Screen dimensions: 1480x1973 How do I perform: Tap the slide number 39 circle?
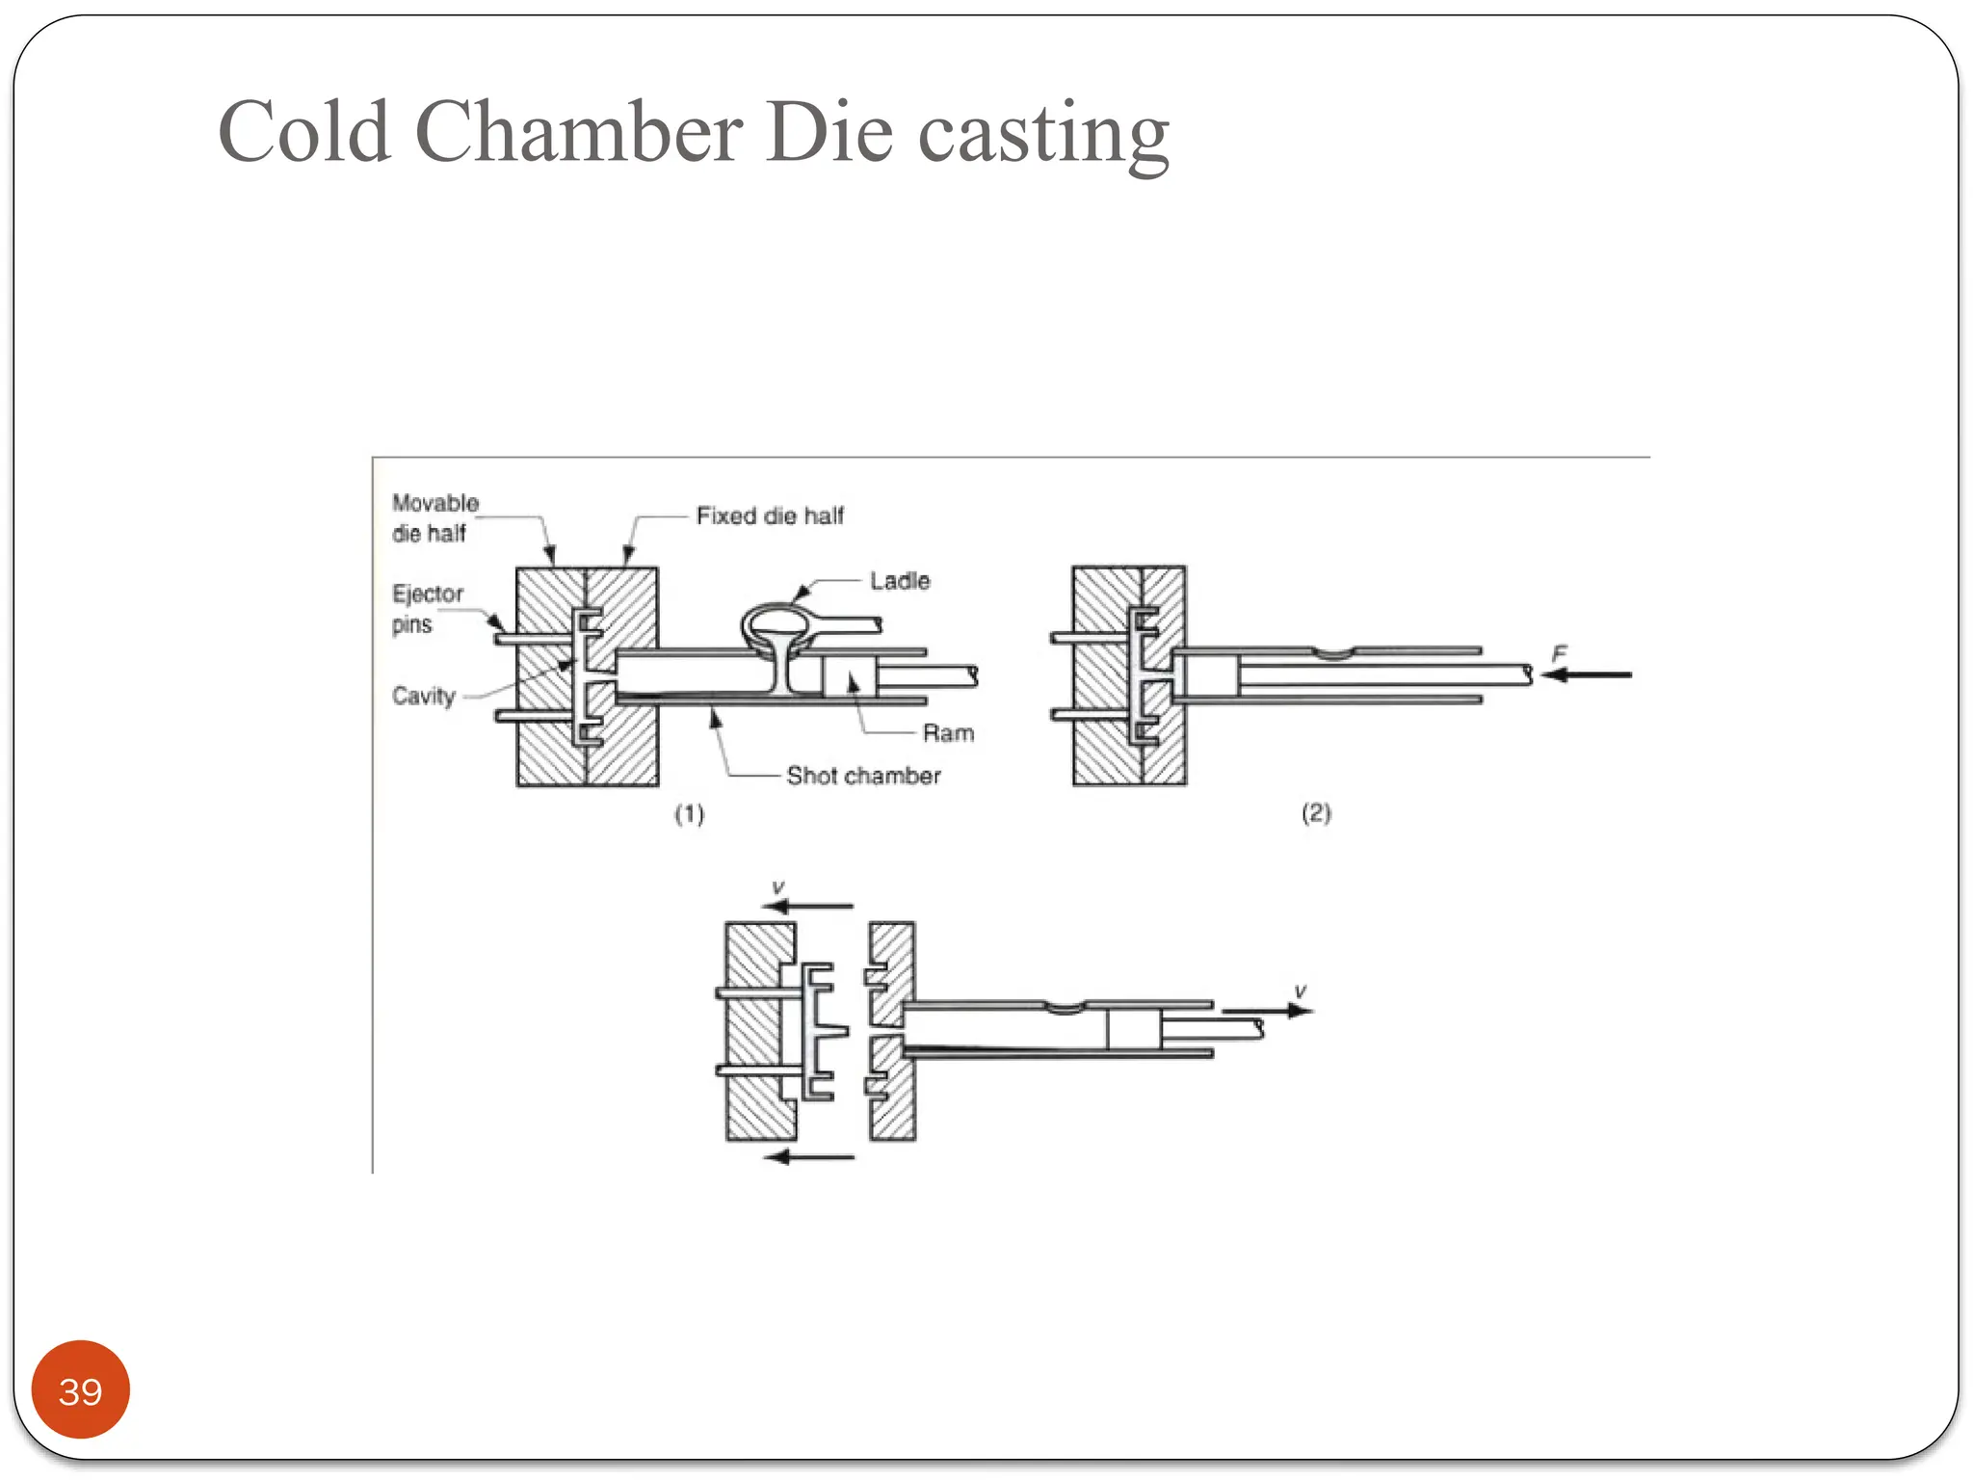click(x=80, y=1390)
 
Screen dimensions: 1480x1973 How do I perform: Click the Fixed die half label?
click(x=769, y=515)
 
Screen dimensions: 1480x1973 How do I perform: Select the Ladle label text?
click(x=900, y=581)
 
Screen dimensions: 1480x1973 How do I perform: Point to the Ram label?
click(x=948, y=733)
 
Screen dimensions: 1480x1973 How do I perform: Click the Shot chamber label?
click(x=863, y=776)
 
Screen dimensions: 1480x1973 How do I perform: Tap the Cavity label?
click(x=423, y=696)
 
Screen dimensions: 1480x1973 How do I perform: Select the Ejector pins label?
click(x=427, y=608)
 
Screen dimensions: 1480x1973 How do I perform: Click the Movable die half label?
click(x=434, y=517)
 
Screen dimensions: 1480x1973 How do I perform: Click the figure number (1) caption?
click(x=689, y=814)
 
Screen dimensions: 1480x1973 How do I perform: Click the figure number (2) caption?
click(x=1316, y=812)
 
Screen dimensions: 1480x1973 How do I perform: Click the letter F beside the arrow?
click(x=1559, y=653)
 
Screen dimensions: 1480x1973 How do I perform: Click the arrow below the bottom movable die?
click(x=809, y=1156)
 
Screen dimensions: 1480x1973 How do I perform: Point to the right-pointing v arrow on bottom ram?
click(x=1267, y=1011)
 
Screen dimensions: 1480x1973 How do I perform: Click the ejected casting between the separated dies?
click(x=819, y=1031)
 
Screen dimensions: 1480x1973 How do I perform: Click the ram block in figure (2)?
click(x=1210, y=674)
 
